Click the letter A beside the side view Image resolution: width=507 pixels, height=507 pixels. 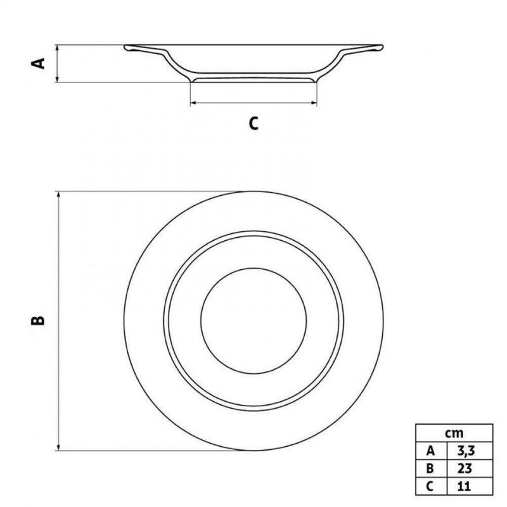pos(39,63)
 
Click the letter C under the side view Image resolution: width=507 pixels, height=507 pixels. pos(253,124)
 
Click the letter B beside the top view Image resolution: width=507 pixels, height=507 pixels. pos(39,320)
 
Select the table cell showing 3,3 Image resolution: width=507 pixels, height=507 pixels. pos(469,451)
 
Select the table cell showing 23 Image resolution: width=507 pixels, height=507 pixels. pos(469,470)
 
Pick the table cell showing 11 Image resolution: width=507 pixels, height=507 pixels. pos(469,487)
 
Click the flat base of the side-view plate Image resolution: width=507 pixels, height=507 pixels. pos(253,79)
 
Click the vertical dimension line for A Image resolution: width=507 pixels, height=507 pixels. pos(58,63)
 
